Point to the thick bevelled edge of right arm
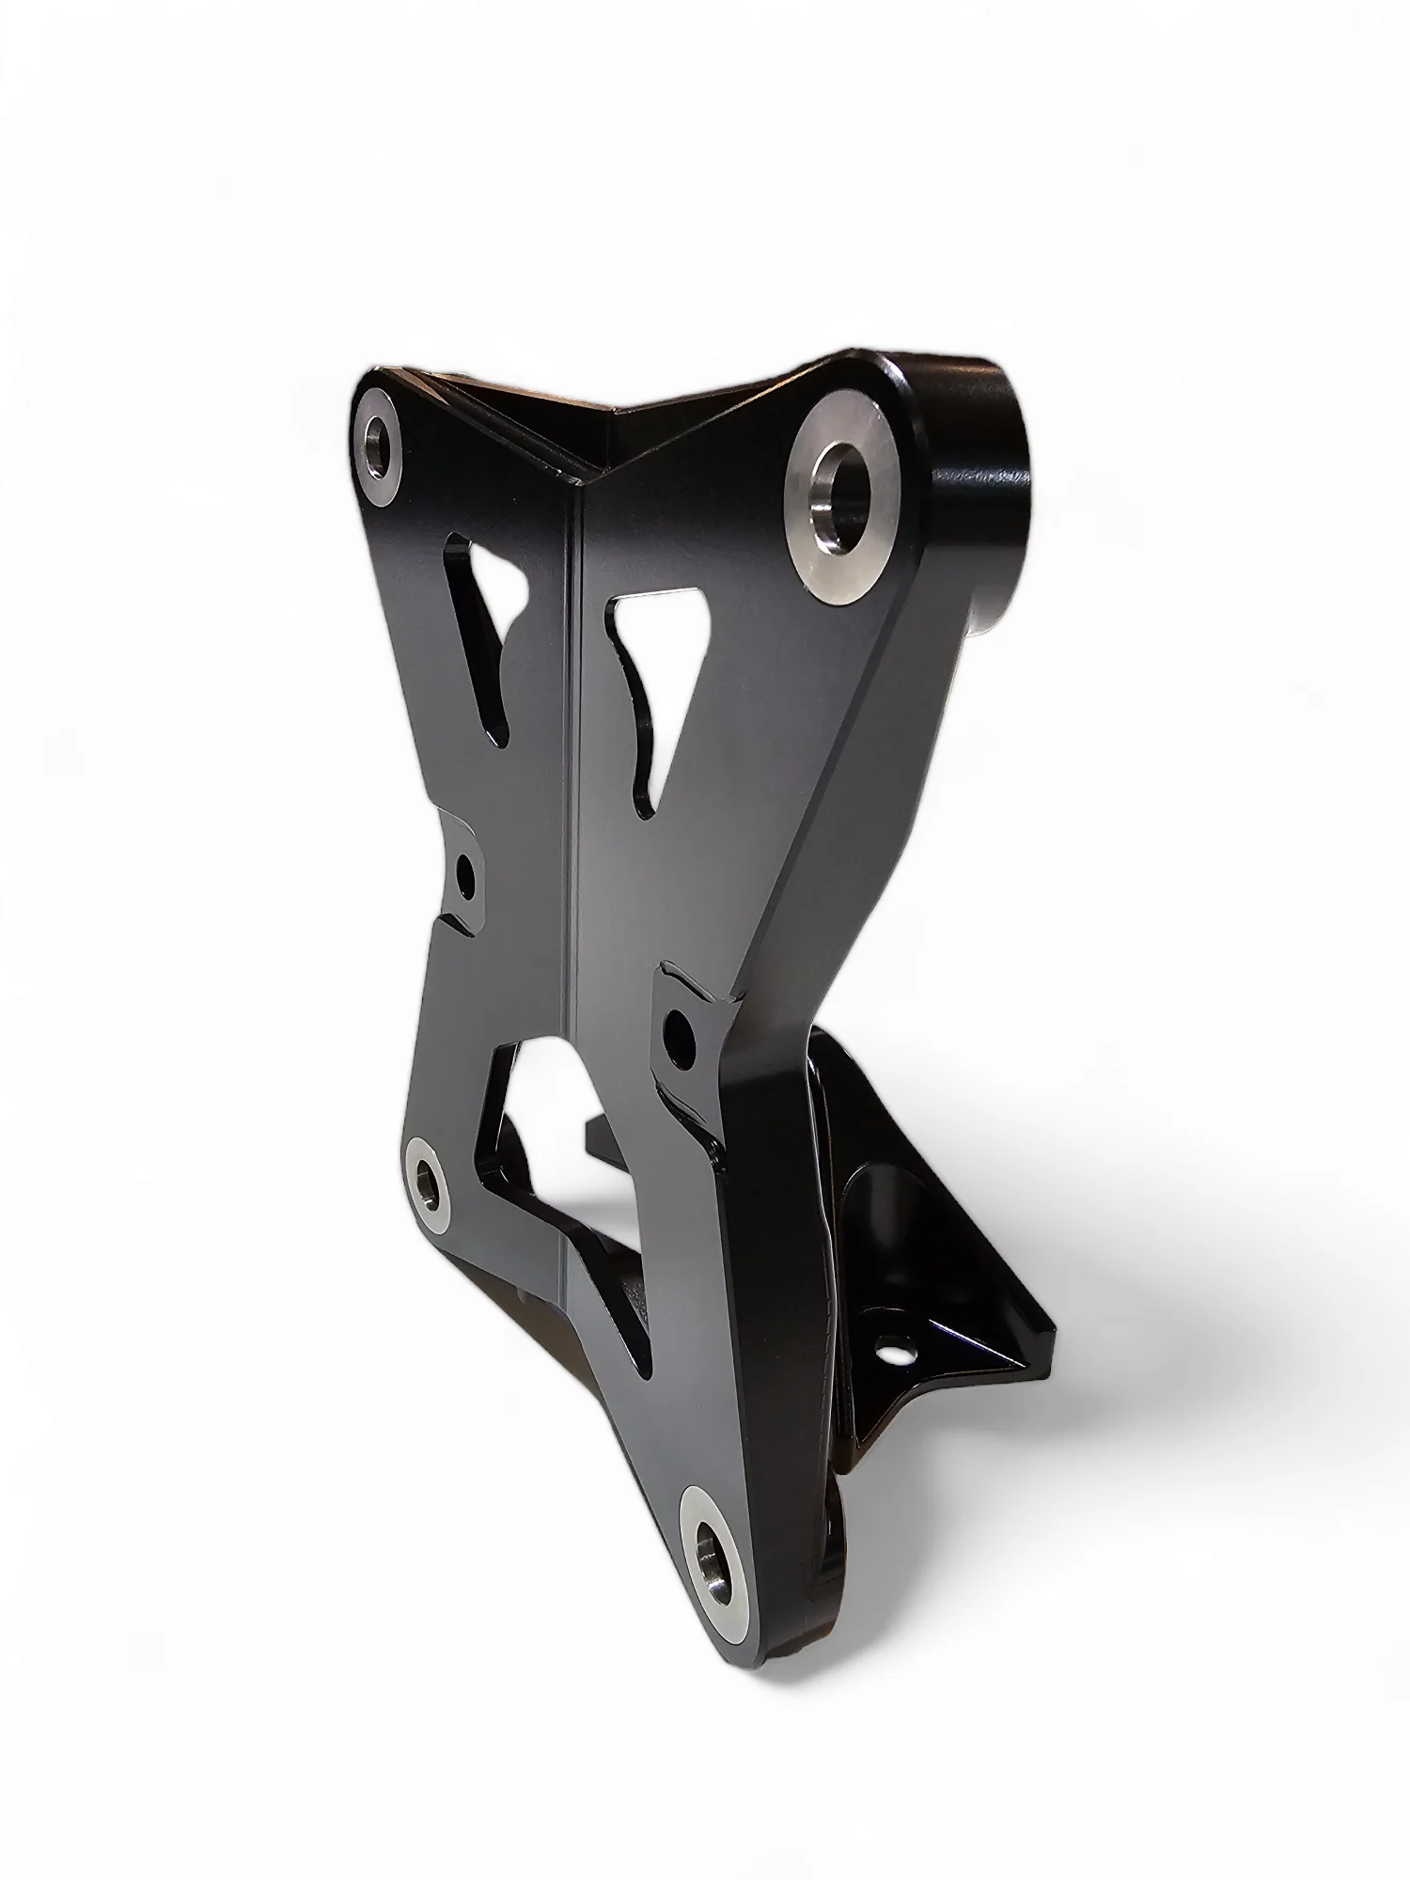point(827,846)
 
